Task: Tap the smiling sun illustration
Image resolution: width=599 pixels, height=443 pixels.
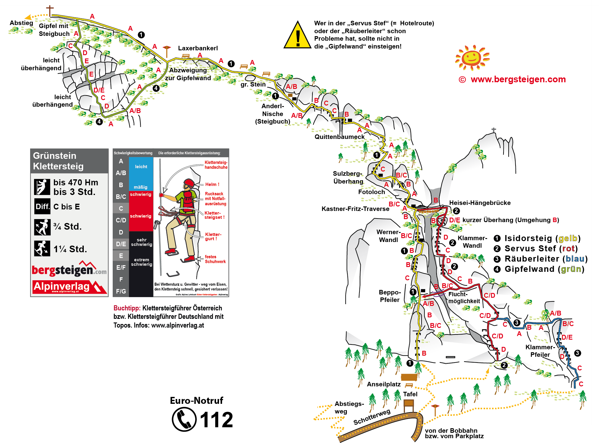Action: (x=472, y=57)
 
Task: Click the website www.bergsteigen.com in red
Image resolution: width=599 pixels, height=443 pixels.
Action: (x=518, y=79)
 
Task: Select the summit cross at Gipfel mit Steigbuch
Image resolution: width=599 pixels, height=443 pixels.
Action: (x=50, y=10)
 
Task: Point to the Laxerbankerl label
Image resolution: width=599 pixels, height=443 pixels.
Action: (x=198, y=48)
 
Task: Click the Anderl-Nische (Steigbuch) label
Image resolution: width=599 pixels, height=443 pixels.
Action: (x=273, y=114)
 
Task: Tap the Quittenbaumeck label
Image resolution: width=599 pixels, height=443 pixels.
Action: (x=340, y=137)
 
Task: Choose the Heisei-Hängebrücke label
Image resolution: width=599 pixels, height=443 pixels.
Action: (x=480, y=203)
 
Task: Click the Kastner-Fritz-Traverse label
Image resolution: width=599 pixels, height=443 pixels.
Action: (x=355, y=209)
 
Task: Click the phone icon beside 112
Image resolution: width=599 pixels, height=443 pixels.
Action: (x=184, y=419)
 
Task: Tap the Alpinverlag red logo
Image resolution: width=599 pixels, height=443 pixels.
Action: (x=69, y=287)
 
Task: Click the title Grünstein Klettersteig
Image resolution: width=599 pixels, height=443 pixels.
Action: (x=58, y=161)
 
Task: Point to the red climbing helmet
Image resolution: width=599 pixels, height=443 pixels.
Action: (x=189, y=183)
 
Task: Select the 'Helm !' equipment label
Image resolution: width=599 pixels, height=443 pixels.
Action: (x=212, y=184)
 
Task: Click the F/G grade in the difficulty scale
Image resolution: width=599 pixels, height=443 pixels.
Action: (x=121, y=291)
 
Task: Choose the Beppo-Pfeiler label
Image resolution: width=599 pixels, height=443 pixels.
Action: (x=390, y=296)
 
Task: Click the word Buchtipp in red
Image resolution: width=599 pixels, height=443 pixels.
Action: (x=127, y=308)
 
